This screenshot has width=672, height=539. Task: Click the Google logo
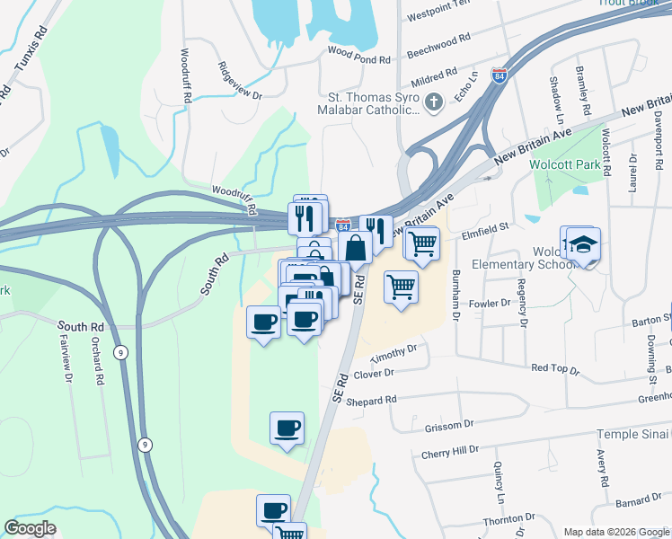coord(31,528)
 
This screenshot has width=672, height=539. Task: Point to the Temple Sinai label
coord(632,435)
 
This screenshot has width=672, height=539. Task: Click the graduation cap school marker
coord(583,244)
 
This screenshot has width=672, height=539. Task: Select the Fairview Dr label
coord(66,359)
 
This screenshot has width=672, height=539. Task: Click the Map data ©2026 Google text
coord(615,532)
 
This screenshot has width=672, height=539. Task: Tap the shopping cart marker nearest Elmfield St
coord(421,243)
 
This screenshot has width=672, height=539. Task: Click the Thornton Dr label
coord(509,519)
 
